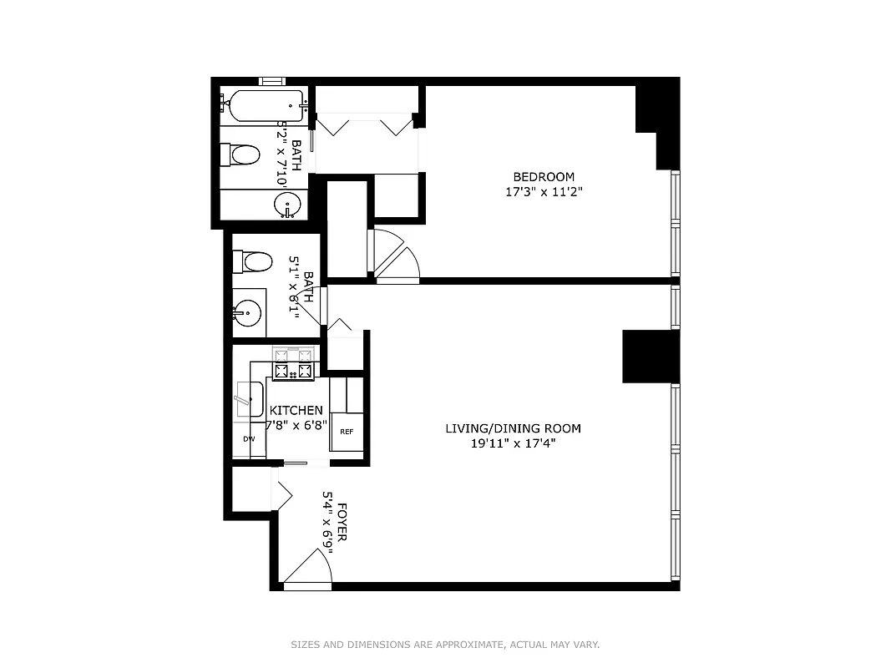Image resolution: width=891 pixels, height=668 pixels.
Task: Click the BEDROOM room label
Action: coord(544,177)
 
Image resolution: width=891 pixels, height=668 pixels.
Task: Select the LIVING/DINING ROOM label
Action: coord(513,428)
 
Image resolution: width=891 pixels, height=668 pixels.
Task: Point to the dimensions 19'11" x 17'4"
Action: coord(513,443)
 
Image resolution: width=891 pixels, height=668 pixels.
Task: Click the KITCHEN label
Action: coord(296,411)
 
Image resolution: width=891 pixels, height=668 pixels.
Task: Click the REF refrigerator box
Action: coord(347,432)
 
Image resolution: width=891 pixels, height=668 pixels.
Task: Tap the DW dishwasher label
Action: coord(248,438)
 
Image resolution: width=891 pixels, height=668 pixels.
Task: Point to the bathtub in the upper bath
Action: coord(261,106)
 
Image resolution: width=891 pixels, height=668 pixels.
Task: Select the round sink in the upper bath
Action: coord(288,204)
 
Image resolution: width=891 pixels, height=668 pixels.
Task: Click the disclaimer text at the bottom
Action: coord(445,645)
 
